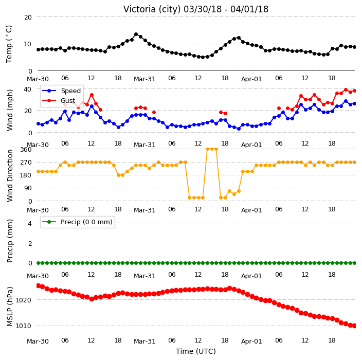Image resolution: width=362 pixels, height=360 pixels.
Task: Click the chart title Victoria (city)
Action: (152, 9)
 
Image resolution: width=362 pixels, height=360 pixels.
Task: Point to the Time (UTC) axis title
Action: (196, 351)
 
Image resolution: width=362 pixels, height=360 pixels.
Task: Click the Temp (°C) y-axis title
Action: (9, 44)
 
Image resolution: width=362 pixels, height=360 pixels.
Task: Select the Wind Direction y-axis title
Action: (10, 176)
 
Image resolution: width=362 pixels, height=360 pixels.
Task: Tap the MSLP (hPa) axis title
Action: (10, 307)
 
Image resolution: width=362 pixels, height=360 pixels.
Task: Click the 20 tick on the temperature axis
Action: (28, 17)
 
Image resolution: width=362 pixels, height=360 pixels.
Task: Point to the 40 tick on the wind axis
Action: (27, 89)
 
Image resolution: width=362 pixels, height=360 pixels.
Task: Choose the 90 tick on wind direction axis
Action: (28, 188)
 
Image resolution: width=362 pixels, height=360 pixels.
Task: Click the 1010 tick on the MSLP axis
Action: (23, 326)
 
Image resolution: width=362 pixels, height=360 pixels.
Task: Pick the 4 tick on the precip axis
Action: (30, 223)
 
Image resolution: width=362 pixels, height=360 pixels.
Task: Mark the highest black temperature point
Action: (136, 34)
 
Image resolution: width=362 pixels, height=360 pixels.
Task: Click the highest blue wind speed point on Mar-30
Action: (92, 106)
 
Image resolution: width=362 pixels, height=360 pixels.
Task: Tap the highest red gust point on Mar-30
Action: (92, 95)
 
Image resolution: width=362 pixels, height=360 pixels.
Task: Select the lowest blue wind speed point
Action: (239, 129)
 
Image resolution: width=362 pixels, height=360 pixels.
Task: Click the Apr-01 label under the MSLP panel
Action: (251, 341)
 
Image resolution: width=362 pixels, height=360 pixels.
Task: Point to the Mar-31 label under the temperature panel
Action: (144, 79)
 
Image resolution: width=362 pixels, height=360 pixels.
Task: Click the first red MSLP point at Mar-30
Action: (39, 285)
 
